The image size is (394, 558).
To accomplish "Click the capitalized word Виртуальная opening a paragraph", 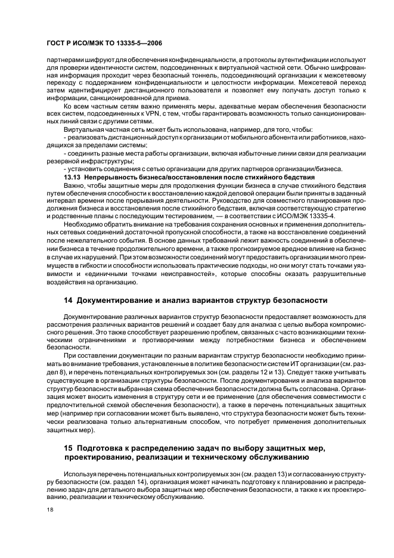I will click(83, 129).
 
